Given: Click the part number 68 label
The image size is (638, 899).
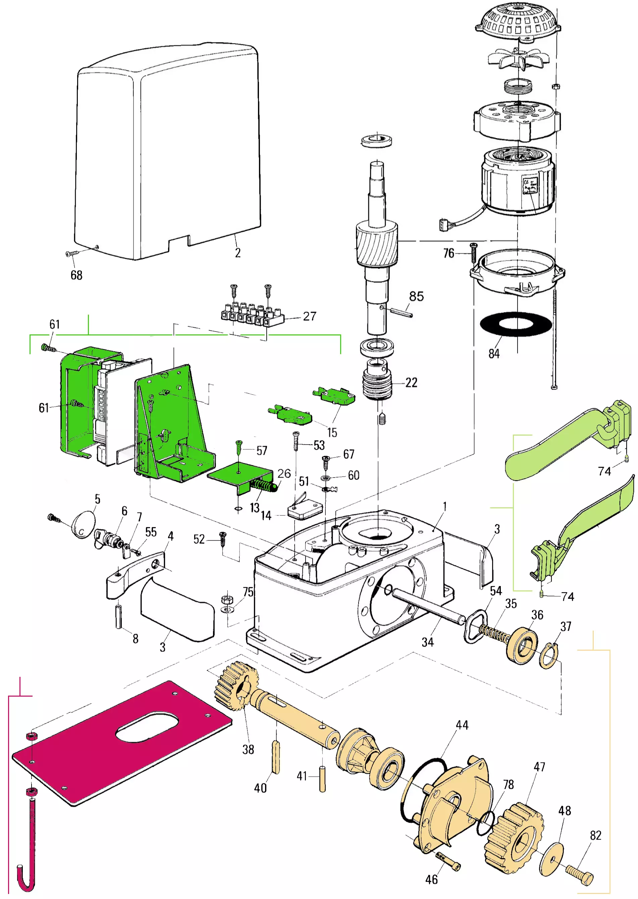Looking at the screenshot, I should pos(76,275).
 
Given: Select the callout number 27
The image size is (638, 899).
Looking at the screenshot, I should pos(310,316).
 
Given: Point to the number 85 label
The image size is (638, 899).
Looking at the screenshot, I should pos(416,296).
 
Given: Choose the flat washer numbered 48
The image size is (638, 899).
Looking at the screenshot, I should pos(552,859).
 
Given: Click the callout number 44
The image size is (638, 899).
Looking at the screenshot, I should pos(462,725).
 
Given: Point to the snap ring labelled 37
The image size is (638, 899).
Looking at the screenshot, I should pos(549,656).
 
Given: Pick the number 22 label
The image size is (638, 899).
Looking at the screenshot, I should pos(411,383).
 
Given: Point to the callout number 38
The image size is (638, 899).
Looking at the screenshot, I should pos(248,750).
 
